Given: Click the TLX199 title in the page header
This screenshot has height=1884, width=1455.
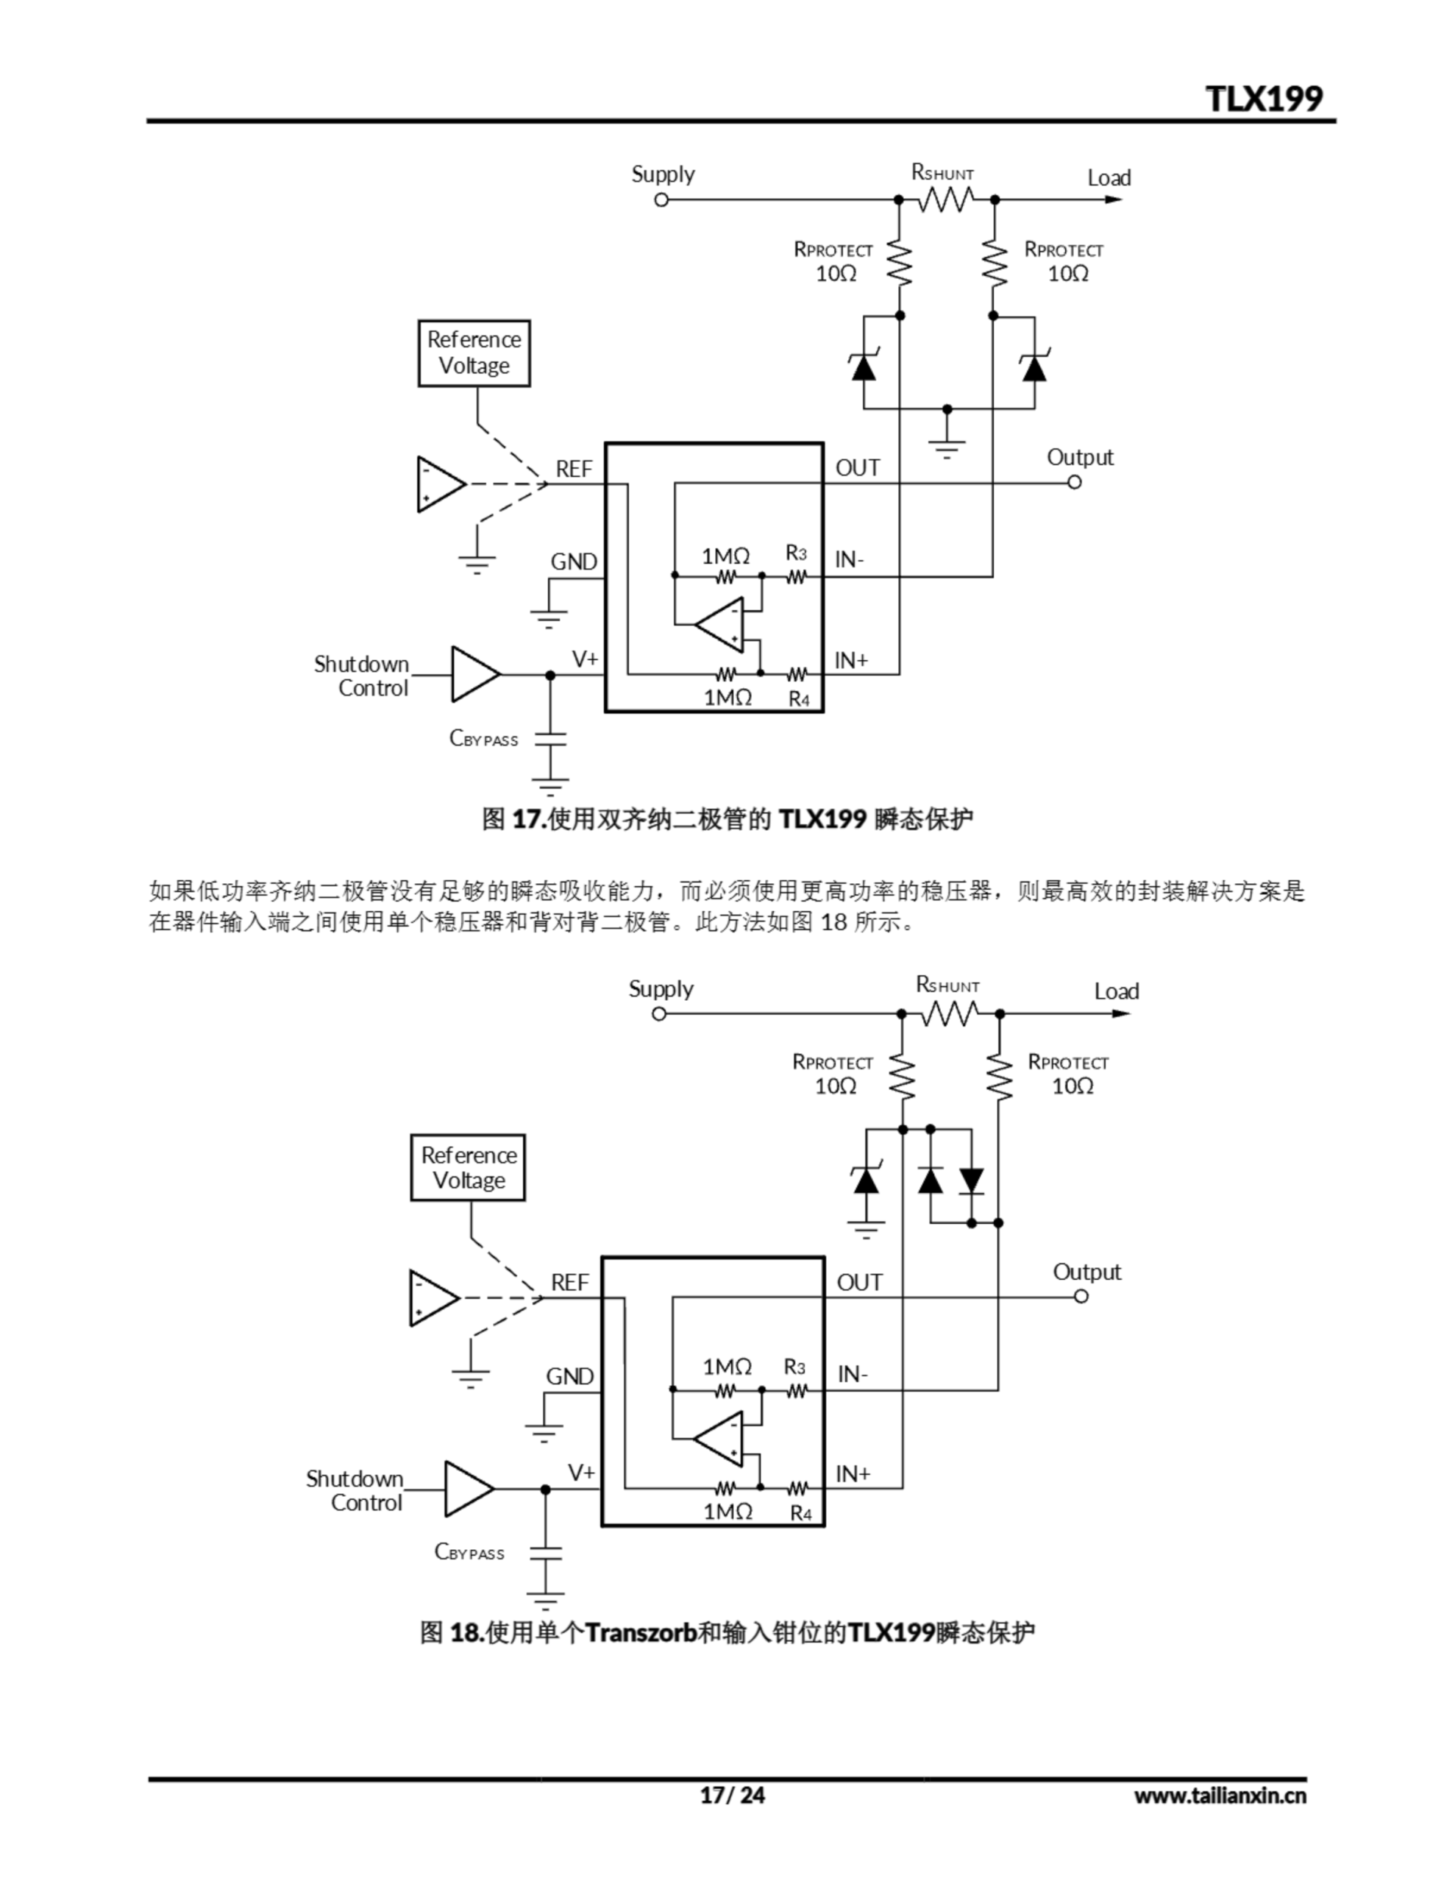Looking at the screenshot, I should click(1264, 99).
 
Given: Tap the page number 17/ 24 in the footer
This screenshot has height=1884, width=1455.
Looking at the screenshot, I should click(731, 1795).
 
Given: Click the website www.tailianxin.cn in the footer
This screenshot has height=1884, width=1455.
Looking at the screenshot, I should click(1220, 1796).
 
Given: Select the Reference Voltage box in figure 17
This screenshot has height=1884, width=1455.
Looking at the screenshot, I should click(474, 353).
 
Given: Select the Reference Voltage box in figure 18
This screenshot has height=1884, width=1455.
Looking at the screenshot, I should click(467, 1167).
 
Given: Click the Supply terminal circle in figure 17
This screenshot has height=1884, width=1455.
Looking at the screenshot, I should click(661, 200).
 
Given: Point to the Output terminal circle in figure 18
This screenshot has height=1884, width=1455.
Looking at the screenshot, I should click(1081, 1297).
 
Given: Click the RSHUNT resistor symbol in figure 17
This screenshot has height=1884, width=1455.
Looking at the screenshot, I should click(946, 200).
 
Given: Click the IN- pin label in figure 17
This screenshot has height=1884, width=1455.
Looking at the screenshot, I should click(849, 560).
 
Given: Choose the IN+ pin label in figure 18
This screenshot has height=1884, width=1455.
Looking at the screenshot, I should click(852, 1474).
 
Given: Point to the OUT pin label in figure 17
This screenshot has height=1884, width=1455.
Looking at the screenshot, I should click(857, 468).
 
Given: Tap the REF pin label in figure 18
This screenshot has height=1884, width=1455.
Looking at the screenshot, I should click(569, 1283).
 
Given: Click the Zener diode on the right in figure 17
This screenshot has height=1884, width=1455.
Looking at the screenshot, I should click(1034, 366).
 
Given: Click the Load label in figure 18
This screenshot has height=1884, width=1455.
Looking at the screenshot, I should click(1116, 992).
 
